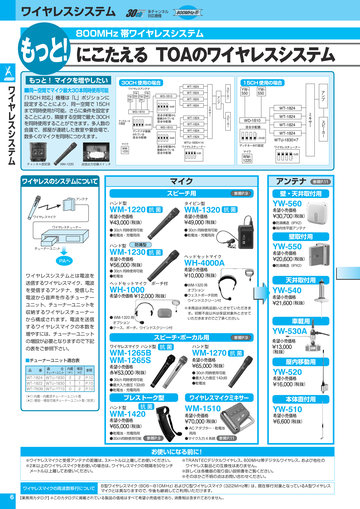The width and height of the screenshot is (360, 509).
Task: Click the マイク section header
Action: (182, 181)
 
